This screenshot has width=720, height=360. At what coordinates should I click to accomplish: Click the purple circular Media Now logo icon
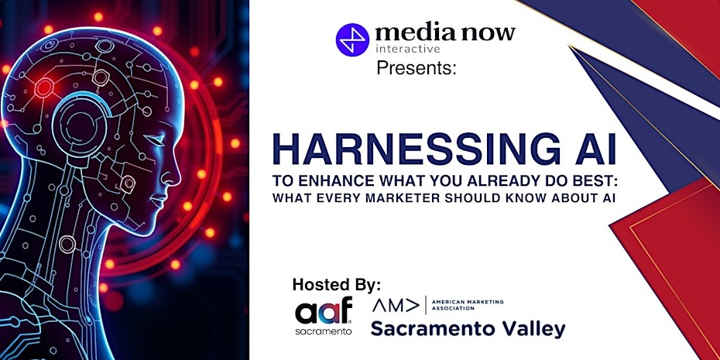(352, 39)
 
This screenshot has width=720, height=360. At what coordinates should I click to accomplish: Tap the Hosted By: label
(337, 285)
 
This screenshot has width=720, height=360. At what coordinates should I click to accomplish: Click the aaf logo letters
(324, 311)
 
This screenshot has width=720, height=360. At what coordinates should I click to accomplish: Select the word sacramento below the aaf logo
(324, 331)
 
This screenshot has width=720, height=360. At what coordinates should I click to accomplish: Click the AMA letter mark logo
(396, 305)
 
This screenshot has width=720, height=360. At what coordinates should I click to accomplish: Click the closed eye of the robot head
(156, 140)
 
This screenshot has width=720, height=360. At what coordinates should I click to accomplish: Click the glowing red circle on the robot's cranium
(44, 87)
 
